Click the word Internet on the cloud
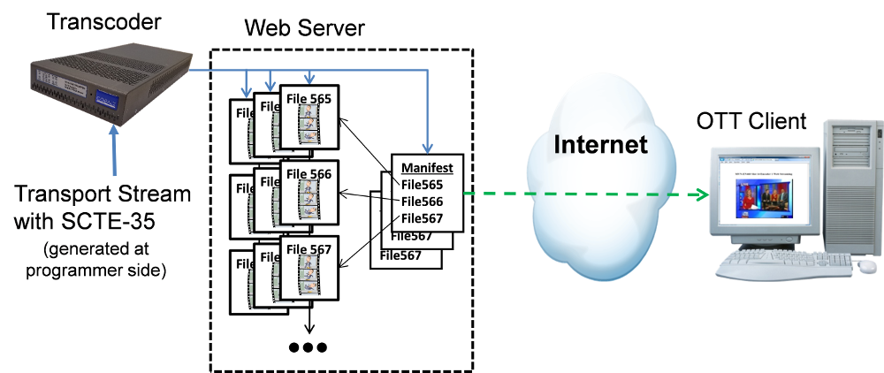tap(600, 144)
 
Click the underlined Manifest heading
tap(426, 168)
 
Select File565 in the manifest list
tap(421, 185)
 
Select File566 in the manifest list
tap(421, 202)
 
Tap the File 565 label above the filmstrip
tap(309, 100)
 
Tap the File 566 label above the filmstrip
tap(309, 175)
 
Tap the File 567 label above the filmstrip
tap(309, 250)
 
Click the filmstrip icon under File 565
tap(309, 124)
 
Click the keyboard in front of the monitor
tap(778, 263)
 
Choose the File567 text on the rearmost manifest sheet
tap(400, 256)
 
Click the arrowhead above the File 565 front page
tap(309, 79)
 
